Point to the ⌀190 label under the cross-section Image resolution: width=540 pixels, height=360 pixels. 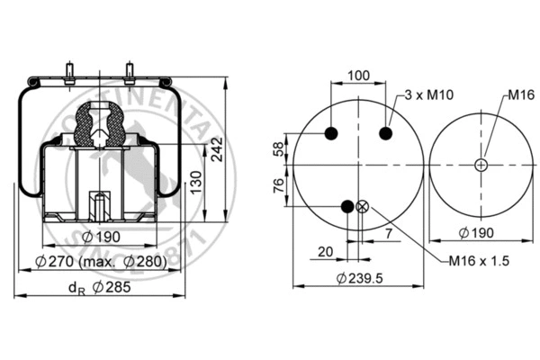pyautogui.click(x=102, y=237)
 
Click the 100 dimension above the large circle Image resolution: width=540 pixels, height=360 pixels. pyautogui.click(x=359, y=76)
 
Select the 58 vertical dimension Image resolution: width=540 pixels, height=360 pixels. pyautogui.click(x=278, y=148)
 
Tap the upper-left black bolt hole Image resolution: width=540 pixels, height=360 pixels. pyautogui.click(x=330, y=134)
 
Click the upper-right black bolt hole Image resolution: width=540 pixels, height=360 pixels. pyautogui.click(x=387, y=134)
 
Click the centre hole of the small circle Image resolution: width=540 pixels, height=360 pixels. pyautogui.click(x=481, y=165)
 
